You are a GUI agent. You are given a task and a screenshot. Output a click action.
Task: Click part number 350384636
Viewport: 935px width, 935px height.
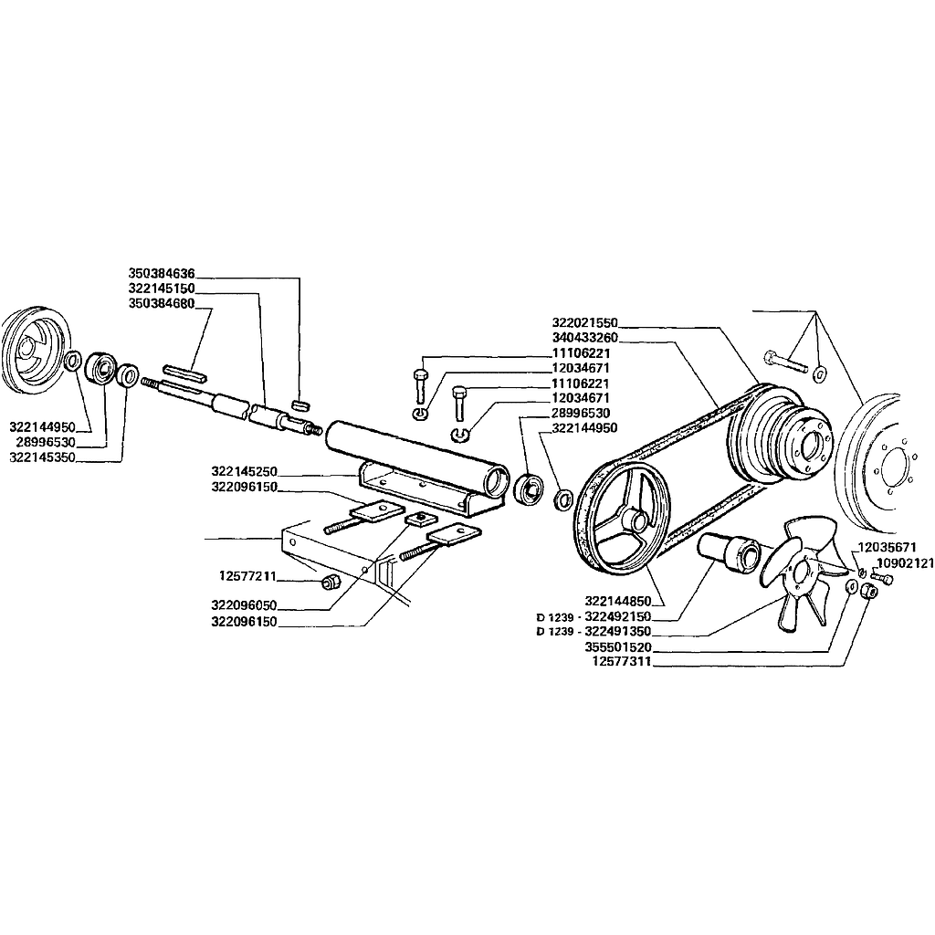pyautogui.click(x=162, y=274)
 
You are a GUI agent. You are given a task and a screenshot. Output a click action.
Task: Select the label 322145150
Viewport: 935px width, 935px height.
pyautogui.click(x=162, y=289)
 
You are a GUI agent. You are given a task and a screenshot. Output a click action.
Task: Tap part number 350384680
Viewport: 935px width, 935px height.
pyautogui.click(x=162, y=303)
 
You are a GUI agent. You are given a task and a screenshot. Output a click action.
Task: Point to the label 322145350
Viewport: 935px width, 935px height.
pyautogui.click(x=42, y=457)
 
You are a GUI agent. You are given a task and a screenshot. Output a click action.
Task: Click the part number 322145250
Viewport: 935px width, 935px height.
pyautogui.click(x=245, y=472)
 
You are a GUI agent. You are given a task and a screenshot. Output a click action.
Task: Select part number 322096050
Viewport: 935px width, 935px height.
pyautogui.click(x=245, y=606)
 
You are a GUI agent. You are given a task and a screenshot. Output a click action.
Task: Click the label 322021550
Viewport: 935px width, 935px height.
pyautogui.click(x=585, y=322)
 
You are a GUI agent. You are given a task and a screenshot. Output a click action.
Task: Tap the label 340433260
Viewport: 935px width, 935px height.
pyautogui.click(x=585, y=338)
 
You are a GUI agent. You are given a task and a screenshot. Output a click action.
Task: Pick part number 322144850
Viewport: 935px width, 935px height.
pyautogui.click(x=618, y=601)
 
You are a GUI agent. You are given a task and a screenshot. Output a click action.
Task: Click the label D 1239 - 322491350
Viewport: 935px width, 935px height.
pyautogui.click(x=594, y=632)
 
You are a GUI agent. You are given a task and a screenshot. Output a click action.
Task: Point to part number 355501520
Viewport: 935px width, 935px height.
pyautogui.click(x=618, y=647)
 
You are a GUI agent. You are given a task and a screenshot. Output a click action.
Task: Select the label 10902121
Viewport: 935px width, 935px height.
pyautogui.click(x=905, y=562)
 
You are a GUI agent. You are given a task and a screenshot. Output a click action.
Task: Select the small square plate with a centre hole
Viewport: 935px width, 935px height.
pyautogui.click(x=420, y=518)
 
